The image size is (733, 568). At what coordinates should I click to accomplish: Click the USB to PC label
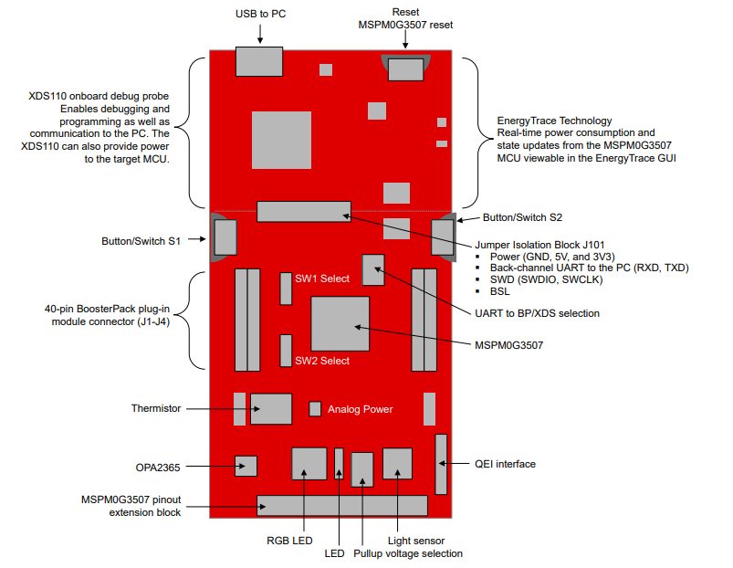coord(260,15)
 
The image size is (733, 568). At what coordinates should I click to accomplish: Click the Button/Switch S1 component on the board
coord(224,237)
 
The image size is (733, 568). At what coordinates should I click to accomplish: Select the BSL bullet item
coord(498,291)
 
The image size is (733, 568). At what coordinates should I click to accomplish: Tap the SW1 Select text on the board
coord(321,279)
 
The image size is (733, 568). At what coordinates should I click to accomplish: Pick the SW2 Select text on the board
coord(321,361)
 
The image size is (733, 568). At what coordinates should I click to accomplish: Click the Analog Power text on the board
coord(361,409)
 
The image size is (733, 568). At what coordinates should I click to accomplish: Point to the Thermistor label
coord(156,408)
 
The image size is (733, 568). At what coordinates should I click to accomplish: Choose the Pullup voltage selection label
coord(407,553)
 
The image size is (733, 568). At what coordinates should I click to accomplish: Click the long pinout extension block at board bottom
coord(342,505)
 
